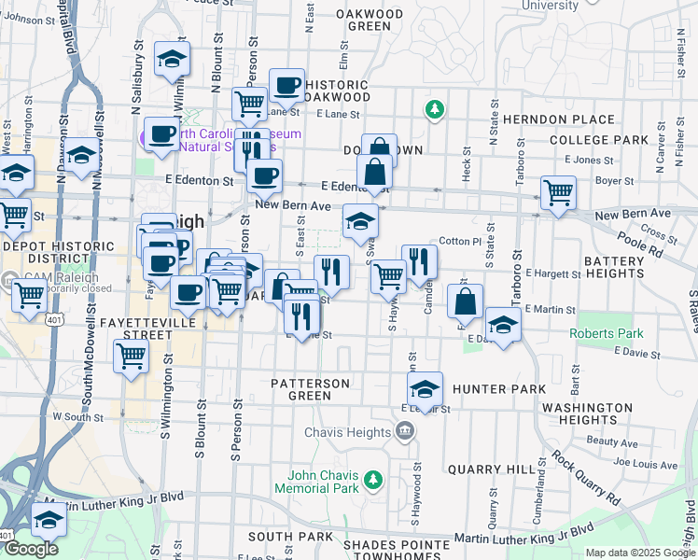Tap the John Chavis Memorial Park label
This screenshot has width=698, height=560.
point(316,481)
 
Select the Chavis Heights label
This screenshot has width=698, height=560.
point(347,432)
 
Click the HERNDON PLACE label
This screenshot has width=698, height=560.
point(558,119)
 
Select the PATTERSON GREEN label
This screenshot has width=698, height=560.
point(310,389)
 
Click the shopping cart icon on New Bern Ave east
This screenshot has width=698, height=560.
point(558,193)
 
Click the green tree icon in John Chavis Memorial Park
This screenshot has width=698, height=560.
point(373,480)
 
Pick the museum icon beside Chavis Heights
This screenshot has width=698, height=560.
point(404,430)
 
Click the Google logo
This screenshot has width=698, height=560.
point(31,549)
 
